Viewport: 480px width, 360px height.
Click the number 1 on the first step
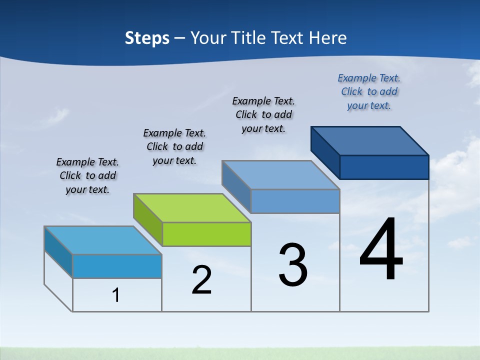pos(116,295)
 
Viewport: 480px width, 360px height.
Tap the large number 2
pos(201,280)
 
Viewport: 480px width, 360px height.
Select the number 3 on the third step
pos(293,265)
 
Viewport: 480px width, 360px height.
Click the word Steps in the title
pos(147,38)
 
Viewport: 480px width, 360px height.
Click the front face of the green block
pos(206,234)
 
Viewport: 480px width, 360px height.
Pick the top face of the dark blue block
pos(369,140)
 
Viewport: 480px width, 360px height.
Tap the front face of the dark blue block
pos(384,167)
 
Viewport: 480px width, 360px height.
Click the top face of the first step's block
pos(103,240)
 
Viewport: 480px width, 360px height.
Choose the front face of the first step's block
pos(117,266)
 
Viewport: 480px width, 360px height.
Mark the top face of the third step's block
pos(280,175)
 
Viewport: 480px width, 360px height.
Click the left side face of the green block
pos(147,219)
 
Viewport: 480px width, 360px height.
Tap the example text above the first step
pos(87,175)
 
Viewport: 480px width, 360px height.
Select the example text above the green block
pos(174,146)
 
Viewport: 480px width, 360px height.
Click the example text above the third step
pos(263,114)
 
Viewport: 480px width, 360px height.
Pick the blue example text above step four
pos(369,91)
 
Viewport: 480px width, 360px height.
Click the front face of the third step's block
pos(295,201)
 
